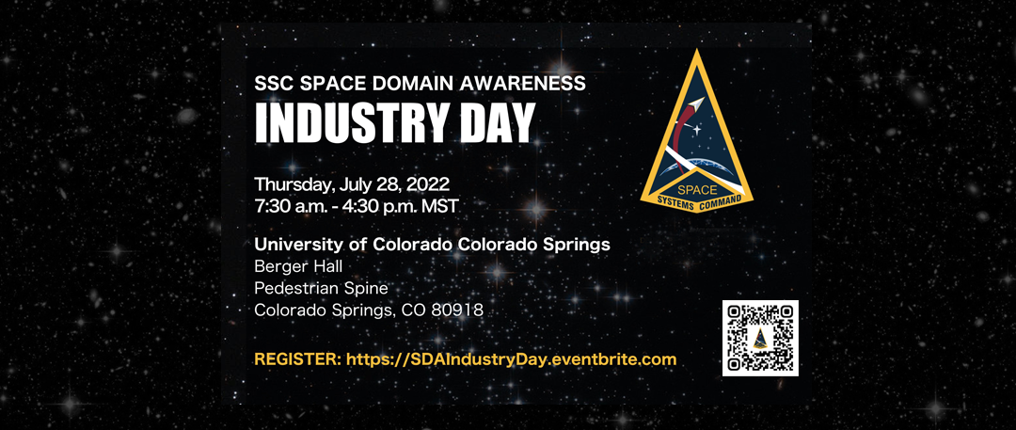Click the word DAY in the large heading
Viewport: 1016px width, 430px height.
coord(501,122)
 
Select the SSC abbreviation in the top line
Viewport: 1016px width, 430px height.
coord(274,82)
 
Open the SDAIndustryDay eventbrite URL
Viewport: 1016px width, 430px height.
coord(511,359)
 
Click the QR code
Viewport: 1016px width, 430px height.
coord(760,338)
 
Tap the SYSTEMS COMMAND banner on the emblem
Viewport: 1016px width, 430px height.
coord(696,201)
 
